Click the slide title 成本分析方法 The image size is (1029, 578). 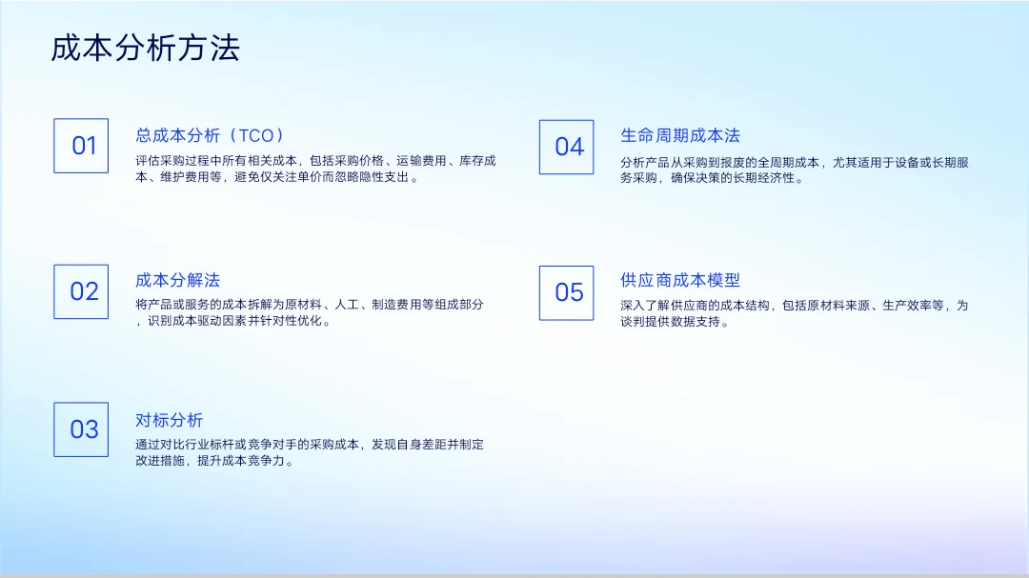[x=145, y=48]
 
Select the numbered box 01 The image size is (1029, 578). [x=81, y=146]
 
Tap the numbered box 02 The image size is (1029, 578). [x=81, y=291]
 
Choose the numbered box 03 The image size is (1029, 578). [x=81, y=429]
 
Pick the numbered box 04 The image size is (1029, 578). [x=566, y=147]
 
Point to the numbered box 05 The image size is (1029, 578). [x=566, y=292]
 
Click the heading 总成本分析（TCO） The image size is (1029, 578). [x=211, y=135]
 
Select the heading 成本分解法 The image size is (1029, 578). [x=177, y=280]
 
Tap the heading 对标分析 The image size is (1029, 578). [x=169, y=420]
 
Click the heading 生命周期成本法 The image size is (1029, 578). [x=679, y=135]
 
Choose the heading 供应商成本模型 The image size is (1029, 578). [x=679, y=280]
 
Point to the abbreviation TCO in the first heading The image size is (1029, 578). [x=255, y=135]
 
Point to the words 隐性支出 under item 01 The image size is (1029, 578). [x=379, y=177]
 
